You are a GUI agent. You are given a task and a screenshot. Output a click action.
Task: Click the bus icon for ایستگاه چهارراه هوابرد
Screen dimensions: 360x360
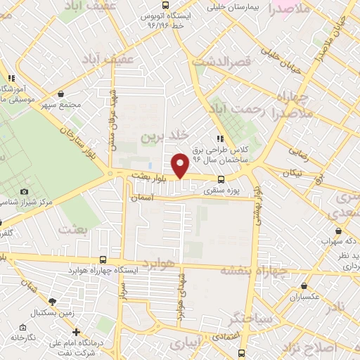click(104, 259)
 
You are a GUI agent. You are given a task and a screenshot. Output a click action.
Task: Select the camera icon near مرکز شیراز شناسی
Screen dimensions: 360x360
click(24, 192)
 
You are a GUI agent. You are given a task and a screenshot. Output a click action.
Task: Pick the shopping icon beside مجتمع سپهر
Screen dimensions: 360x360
click(62, 94)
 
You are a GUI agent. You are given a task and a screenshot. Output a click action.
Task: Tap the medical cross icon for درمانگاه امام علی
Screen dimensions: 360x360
click(76, 332)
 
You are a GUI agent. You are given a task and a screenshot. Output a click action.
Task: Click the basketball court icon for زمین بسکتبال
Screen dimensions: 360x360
click(51, 301)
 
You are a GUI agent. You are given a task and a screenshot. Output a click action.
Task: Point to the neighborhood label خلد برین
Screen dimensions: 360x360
click(157, 135)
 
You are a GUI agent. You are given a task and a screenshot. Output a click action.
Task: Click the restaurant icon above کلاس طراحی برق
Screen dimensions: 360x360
click(220, 139)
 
